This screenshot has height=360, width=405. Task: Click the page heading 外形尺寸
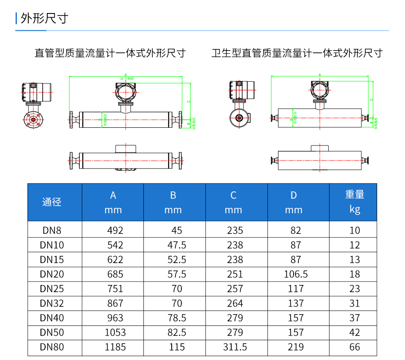44,19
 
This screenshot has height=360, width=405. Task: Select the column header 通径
52,202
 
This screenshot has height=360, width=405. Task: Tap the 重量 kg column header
354,202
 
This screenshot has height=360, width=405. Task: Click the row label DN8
52,231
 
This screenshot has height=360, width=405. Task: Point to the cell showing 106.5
296,274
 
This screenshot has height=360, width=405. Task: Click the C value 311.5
235,347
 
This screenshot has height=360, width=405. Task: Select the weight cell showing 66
355,347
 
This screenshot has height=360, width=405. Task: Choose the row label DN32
52,304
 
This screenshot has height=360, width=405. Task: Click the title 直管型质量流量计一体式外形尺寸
110,53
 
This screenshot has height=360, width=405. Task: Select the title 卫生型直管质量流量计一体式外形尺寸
297,53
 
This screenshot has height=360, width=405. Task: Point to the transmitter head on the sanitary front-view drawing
319,90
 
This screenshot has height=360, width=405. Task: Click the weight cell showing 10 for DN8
355,231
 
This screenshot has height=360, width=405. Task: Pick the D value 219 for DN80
296,347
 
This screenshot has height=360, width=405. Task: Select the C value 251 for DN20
235,274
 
